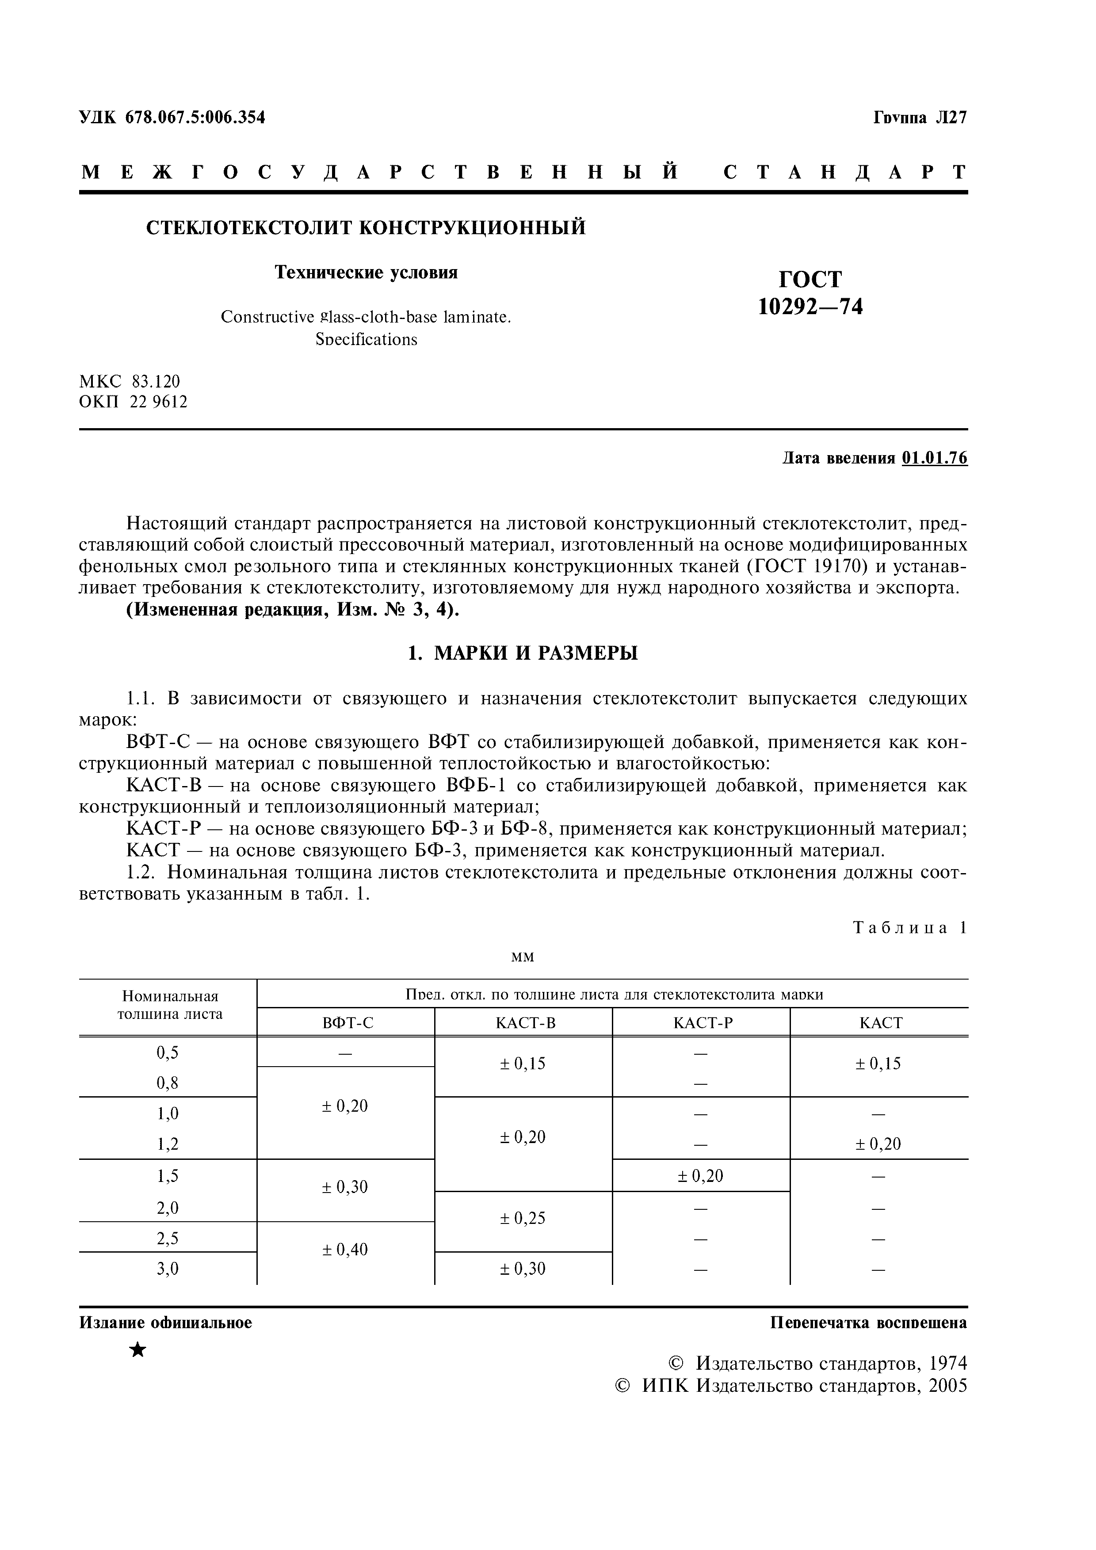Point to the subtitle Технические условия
pos(366,272)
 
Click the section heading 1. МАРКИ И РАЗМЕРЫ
pos(523,653)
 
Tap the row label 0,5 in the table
pos(168,1052)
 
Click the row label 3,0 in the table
pos(168,1269)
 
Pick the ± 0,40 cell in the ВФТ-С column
pos(345,1250)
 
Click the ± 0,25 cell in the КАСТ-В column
pos(523,1219)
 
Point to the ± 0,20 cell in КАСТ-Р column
pos(700,1177)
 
